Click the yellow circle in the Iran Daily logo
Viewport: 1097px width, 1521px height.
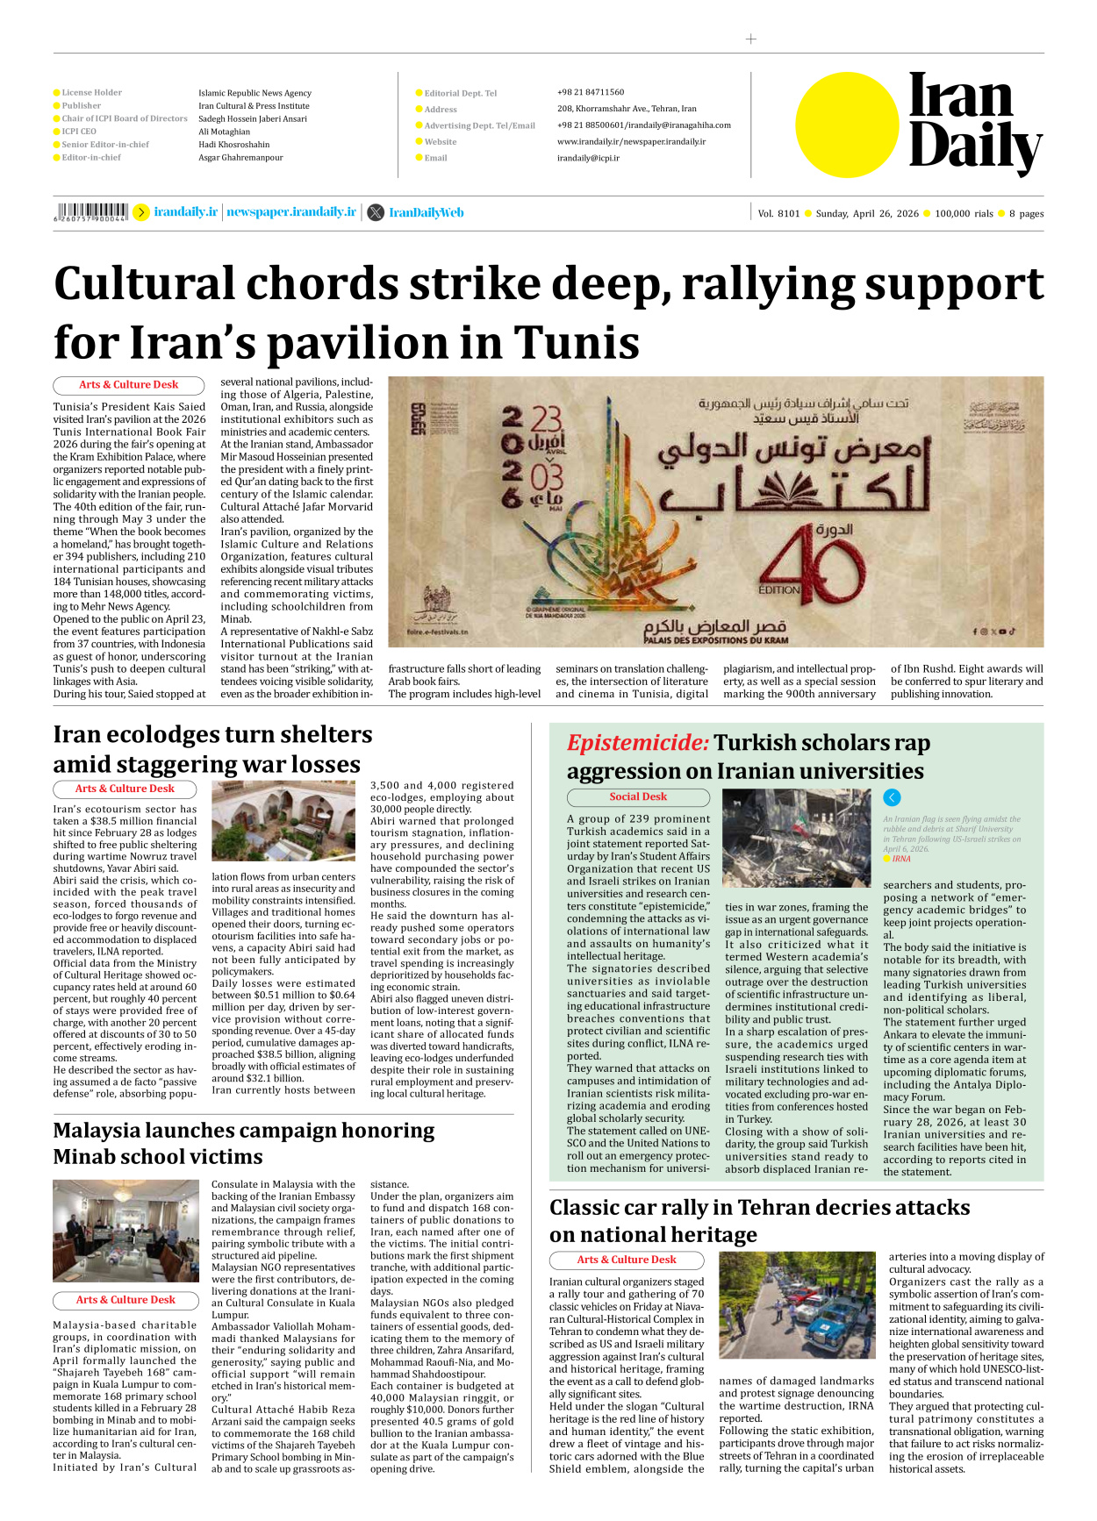[x=847, y=125]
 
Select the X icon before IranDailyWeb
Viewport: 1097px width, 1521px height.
[x=376, y=212]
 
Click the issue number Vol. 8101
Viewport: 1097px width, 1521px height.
[x=778, y=213]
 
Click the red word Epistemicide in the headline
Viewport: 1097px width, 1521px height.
[x=637, y=743]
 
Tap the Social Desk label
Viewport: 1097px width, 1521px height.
[x=638, y=796]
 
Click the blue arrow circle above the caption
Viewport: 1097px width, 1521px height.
[x=892, y=797]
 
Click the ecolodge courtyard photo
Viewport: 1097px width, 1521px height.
[x=283, y=821]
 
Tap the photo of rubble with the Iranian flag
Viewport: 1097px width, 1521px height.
[x=796, y=838]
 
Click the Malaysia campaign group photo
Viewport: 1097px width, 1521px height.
[x=126, y=1231]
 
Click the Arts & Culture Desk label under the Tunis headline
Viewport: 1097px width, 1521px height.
[x=128, y=384]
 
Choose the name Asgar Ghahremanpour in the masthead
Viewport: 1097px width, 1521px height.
[x=240, y=158]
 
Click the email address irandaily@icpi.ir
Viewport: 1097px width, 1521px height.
[x=588, y=158]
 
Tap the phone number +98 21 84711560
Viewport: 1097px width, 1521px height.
[x=591, y=92]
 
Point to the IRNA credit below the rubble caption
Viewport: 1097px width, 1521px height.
[x=901, y=859]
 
